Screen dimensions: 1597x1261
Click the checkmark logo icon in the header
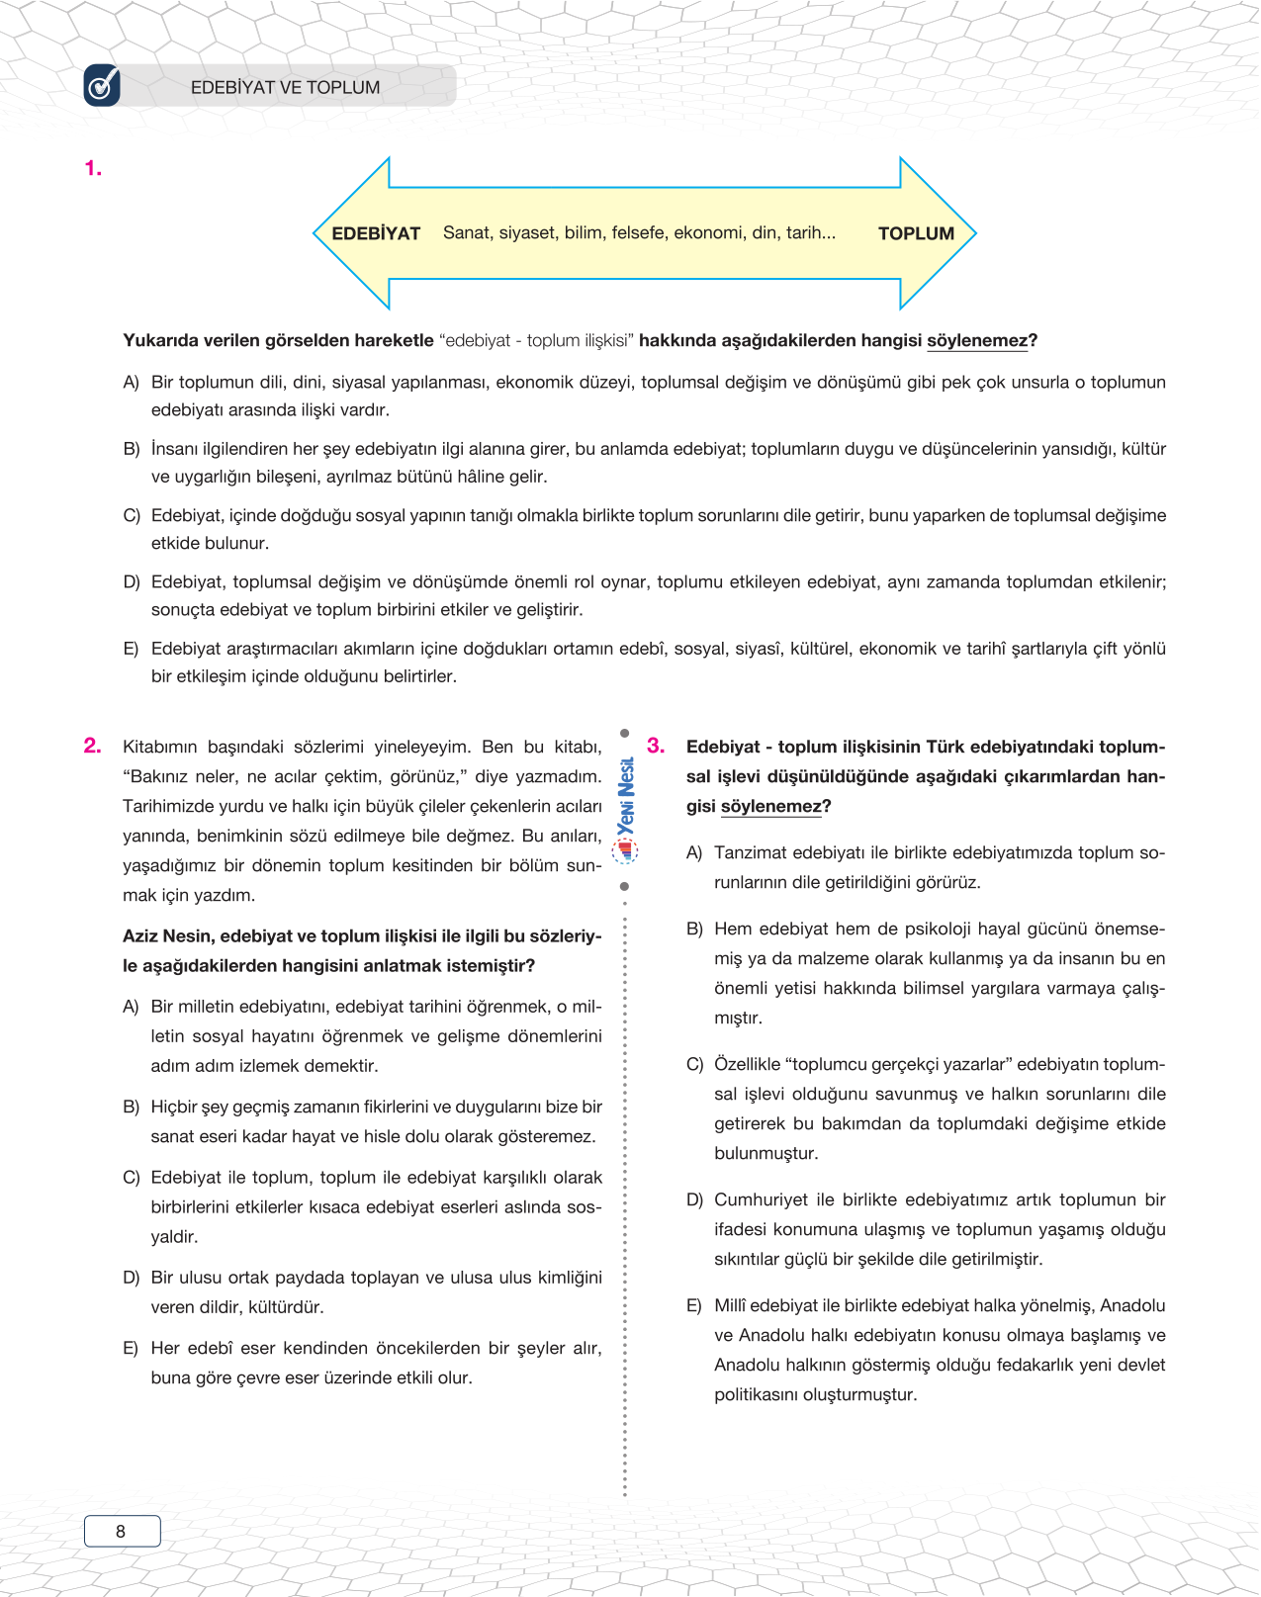[x=102, y=86]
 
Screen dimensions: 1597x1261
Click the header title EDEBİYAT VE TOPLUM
[x=285, y=87]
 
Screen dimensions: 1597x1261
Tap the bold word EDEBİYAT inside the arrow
[x=376, y=233]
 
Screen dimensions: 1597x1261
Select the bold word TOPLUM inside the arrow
[x=916, y=233]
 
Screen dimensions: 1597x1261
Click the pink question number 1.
[x=93, y=169]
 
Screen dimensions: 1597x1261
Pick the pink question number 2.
[x=93, y=746]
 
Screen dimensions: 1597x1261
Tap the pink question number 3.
[x=656, y=746]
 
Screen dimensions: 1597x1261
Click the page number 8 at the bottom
[x=121, y=1531]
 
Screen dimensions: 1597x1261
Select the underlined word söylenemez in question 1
[x=977, y=340]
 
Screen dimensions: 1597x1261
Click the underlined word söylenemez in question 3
[x=771, y=806]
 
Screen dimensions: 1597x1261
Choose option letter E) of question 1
[x=131, y=649]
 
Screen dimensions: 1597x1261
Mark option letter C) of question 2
[x=131, y=1178]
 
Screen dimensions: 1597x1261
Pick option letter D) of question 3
[x=694, y=1199]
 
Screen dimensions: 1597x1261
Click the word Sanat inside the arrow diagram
[x=467, y=232]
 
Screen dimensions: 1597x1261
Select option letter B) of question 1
[x=131, y=449]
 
